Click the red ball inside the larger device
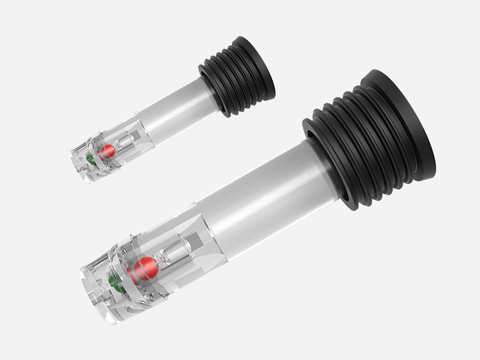[x=145, y=270]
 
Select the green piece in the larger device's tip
[x=115, y=280]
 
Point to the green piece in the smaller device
[x=89, y=159]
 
